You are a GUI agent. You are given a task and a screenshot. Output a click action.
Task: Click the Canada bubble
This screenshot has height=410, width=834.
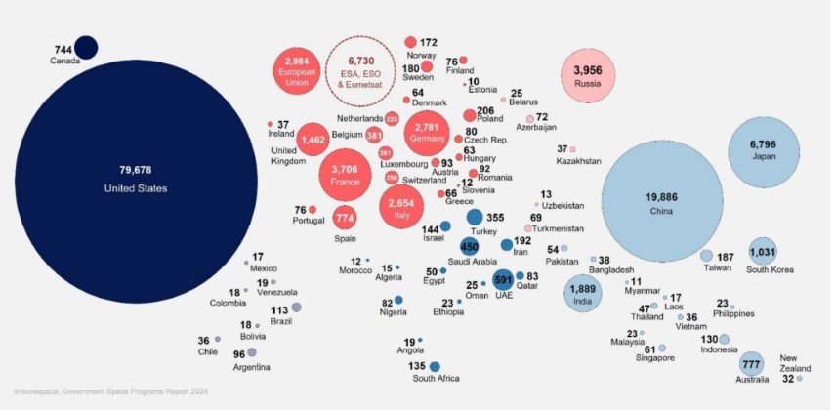tap(86, 47)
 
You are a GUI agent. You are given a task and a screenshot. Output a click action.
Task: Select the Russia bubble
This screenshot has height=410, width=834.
tap(588, 76)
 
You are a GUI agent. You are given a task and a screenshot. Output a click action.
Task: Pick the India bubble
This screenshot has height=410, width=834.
tap(582, 292)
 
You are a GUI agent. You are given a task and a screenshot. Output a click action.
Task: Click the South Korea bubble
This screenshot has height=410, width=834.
tap(762, 251)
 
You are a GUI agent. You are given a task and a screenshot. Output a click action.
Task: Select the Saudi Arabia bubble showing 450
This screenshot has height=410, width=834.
tap(470, 248)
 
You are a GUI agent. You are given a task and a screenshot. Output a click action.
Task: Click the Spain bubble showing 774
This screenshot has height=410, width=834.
tap(345, 217)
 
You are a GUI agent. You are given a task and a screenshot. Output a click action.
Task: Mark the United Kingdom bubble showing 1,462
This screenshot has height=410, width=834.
tap(313, 141)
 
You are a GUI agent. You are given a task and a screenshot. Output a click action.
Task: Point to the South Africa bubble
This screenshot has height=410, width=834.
tap(435, 367)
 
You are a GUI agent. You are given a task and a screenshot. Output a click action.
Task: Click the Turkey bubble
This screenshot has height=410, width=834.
tap(475, 218)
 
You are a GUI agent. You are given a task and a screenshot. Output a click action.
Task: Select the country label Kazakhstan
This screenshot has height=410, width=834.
tap(579, 161)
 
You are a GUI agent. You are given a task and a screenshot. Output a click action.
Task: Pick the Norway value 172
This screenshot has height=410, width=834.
tap(428, 43)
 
